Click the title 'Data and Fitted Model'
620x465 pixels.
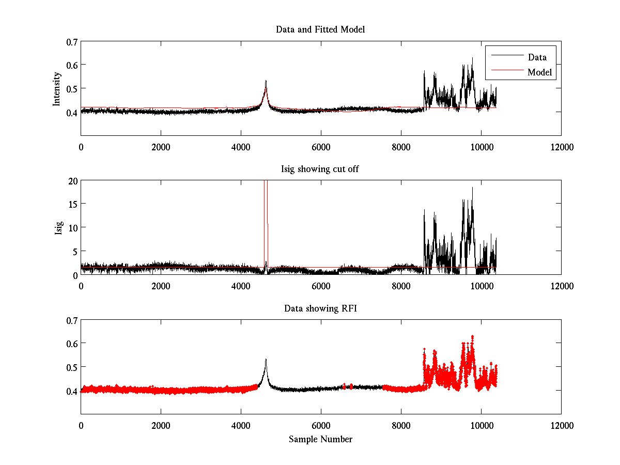coord(320,29)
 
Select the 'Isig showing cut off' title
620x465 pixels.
coord(320,169)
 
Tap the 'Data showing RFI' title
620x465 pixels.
coord(320,308)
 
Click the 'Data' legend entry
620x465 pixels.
coord(537,57)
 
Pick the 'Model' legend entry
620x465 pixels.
coord(539,72)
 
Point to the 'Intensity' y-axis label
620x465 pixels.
coord(57,88)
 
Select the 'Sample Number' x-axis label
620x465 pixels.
coord(320,439)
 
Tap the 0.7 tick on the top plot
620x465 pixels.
coord(72,41)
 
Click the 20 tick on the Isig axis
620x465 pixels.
coord(72,181)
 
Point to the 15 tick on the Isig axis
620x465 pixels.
coord(72,204)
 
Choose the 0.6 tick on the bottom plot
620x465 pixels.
coord(72,344)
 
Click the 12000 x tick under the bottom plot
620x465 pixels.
coord(561,426)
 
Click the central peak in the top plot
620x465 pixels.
coord(266,82)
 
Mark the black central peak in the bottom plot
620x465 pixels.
coord(266,360)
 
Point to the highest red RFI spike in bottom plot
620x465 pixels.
coord(472,336)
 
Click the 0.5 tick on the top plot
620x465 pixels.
coord(72,88)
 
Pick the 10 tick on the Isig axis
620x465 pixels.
coord(72,227)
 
